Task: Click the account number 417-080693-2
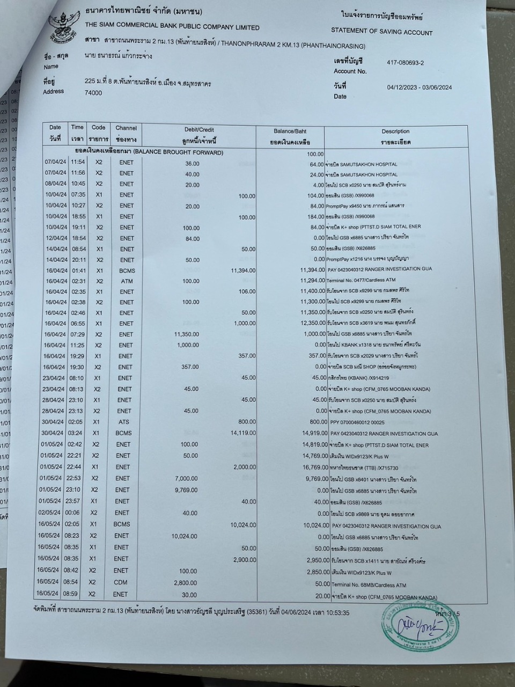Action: pyautogui.click(x=405, y=63)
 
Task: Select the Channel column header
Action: pyautogui.click(x=126, y=133)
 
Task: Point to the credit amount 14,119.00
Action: pyautogui.click(x=243, y=433)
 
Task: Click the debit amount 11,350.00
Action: pyautogui.click(x=187, y=334)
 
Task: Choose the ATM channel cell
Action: pyautogui.click(x=126, y=281)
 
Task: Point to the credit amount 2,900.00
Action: pyautogui.click(x=245, y=559)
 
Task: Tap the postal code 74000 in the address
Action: pyautogui.click(x=93, y=93)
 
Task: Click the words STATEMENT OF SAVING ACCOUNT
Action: pyautogui.click(x=381, y=32)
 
